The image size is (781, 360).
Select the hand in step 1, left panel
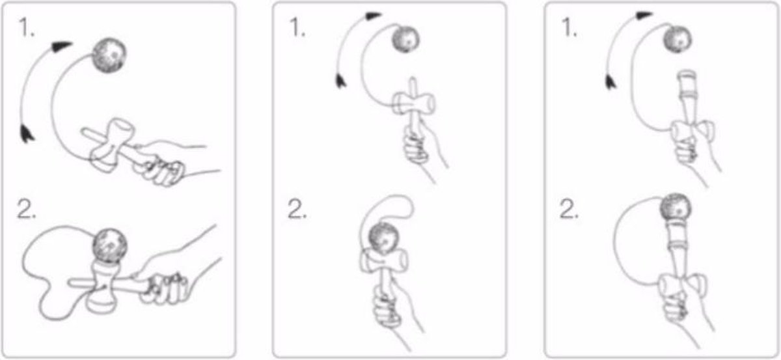click(x=163, y=163)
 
